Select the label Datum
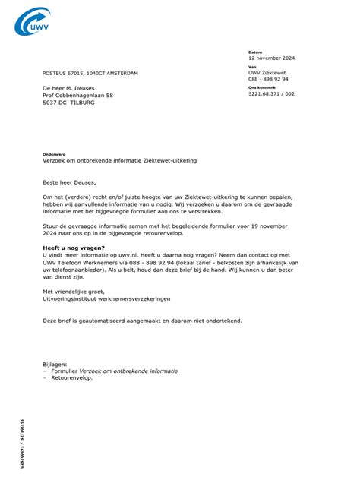click(x=254, y=52)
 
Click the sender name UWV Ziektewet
click(x=267, y=72)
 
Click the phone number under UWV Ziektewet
click(x=268, y=78)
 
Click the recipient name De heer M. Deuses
click(x=74, y=88)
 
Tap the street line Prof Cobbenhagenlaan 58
click(x=78, y=95)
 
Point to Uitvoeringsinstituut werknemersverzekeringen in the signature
click(x=106, y=298)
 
